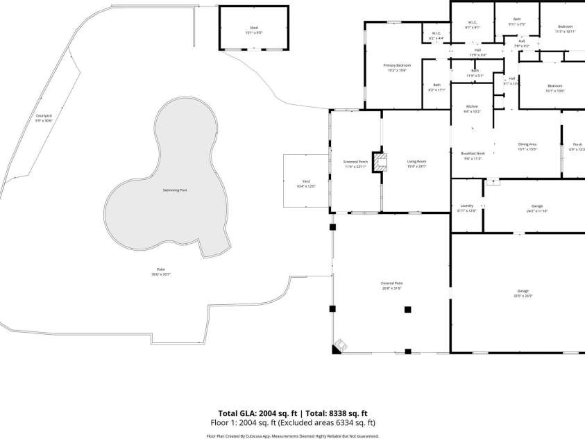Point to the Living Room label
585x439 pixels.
pyautogui.click(x=416, y=163)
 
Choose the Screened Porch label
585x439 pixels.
pyautogui.click(x=355, y=163)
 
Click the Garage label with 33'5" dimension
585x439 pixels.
pyautogui.click(x=523, y=293)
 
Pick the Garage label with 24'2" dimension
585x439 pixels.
pyautogui.click(x=536, y=208)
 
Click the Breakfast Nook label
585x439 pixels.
pyautogui.click(x=472, y=155)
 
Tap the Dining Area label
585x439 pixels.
pyautogui.click(x=527, y=146)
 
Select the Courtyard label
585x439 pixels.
pyautogui.click(x=44, y=117)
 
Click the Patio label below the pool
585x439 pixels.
pyautogui.click(x=161, y=272)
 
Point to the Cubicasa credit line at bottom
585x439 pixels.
pyautogui.click(x=292, y=436)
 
